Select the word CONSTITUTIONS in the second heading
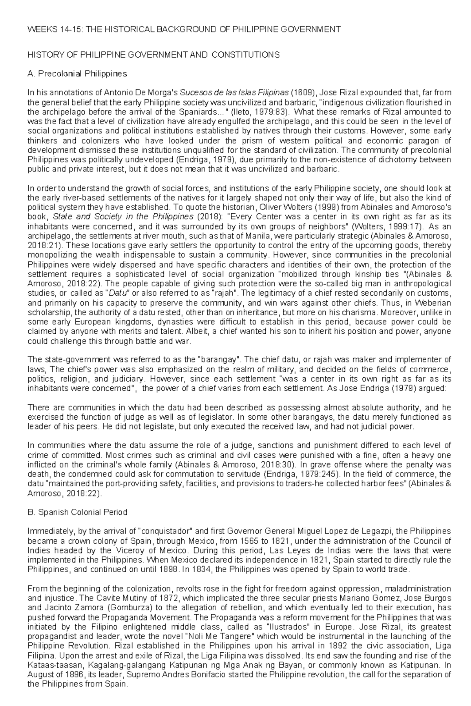(245, 55)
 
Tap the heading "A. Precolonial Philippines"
(77, 74)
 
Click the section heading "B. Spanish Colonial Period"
(77, 512)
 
